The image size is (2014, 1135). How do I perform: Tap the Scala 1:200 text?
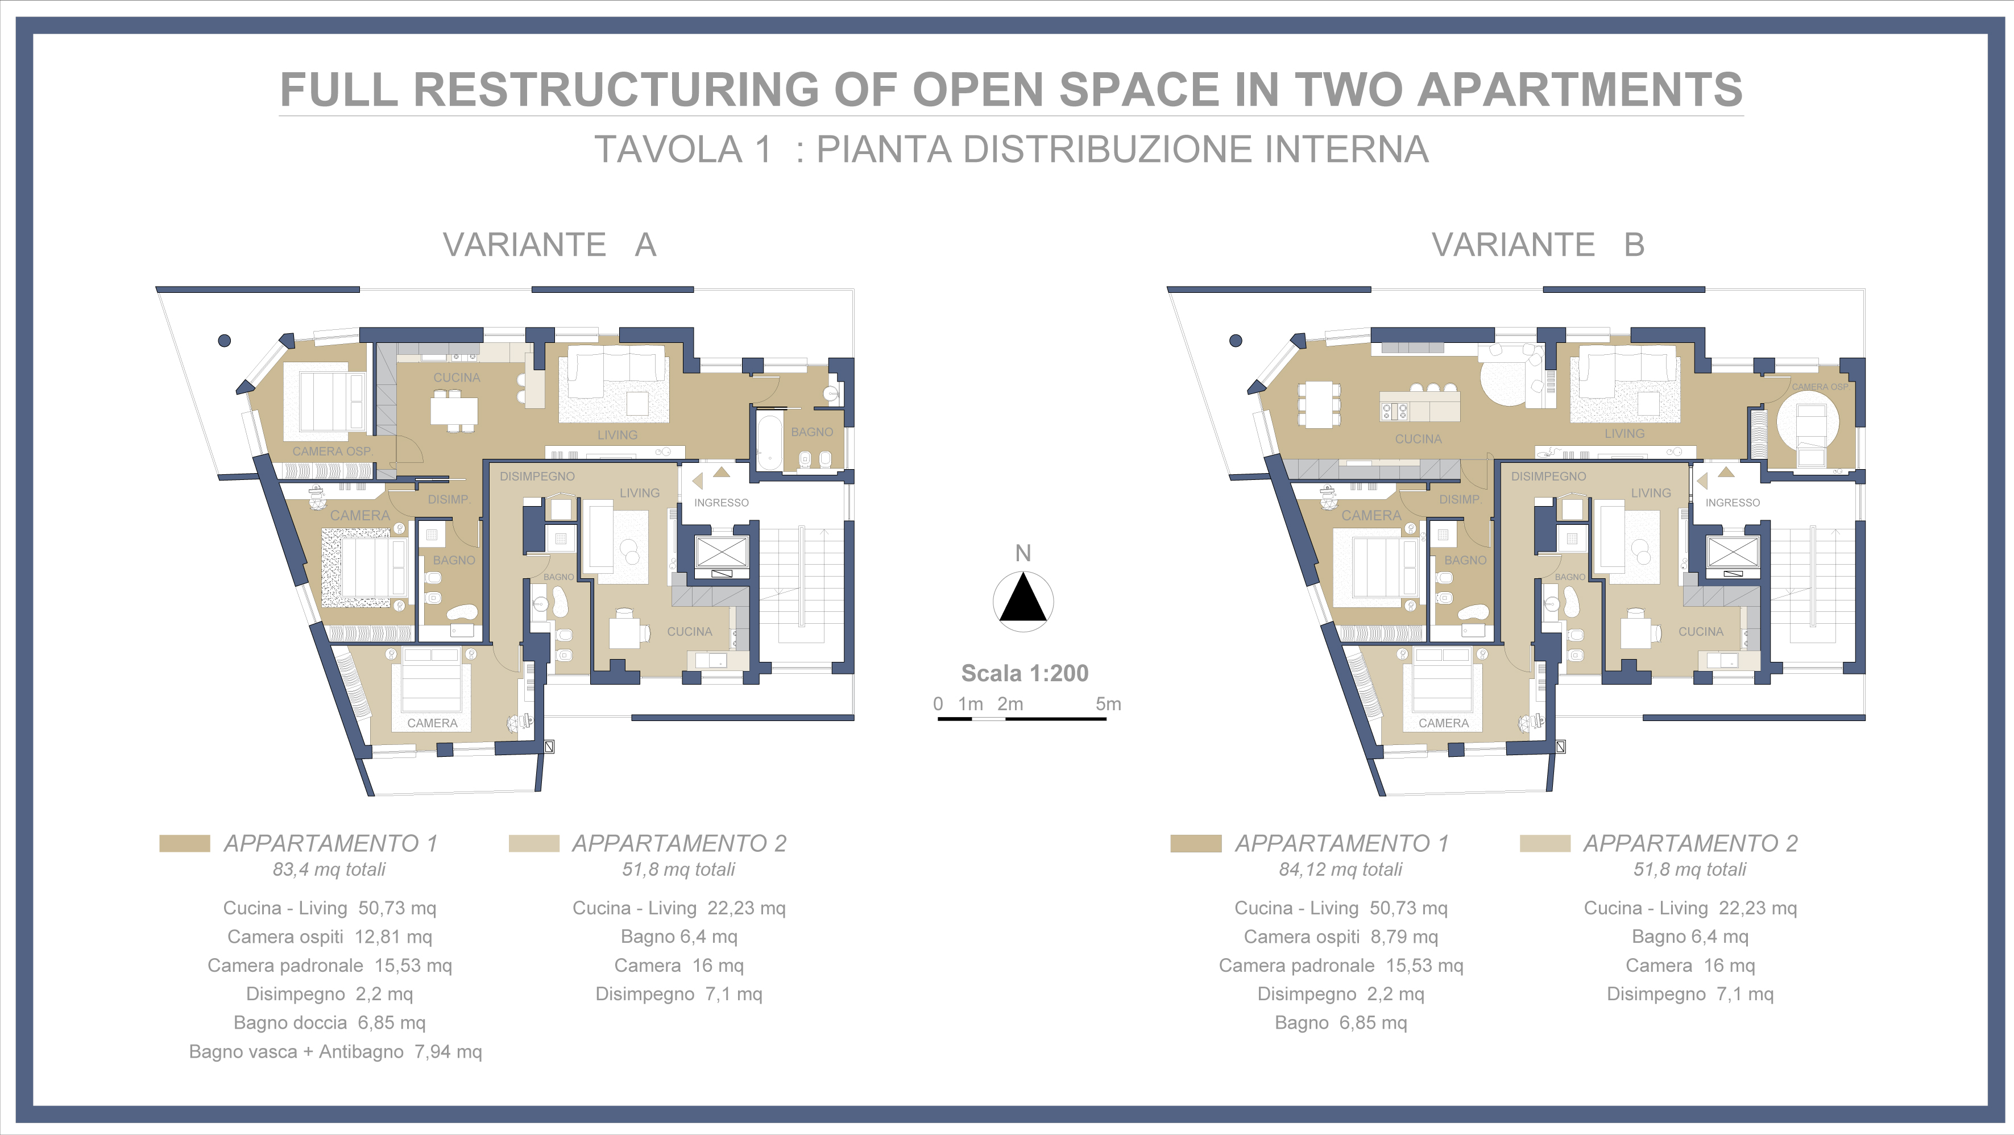[1024, 673]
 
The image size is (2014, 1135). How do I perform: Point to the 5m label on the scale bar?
[1108, 703]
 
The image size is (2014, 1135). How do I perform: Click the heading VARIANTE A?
[550, 245]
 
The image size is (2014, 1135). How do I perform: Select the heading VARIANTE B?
[1538, 245]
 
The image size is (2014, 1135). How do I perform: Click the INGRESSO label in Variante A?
[721, 503]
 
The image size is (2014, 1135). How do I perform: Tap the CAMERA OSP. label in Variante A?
[332, 451]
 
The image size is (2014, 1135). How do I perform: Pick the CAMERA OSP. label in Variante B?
[1820, 387]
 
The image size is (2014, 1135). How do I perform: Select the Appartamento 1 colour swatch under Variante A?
[184, 843]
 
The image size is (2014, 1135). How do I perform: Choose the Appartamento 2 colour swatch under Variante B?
[1545, 843]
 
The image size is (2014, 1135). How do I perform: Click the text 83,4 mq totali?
[329, 869]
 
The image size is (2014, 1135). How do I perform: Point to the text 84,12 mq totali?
[1340, 869]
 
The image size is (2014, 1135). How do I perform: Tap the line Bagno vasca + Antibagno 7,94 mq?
[335, 1051]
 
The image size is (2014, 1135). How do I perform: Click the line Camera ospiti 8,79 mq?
[1341, 937]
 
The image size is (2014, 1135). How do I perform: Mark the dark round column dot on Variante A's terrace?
[225, 340]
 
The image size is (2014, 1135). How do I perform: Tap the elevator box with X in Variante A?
[721, 552]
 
